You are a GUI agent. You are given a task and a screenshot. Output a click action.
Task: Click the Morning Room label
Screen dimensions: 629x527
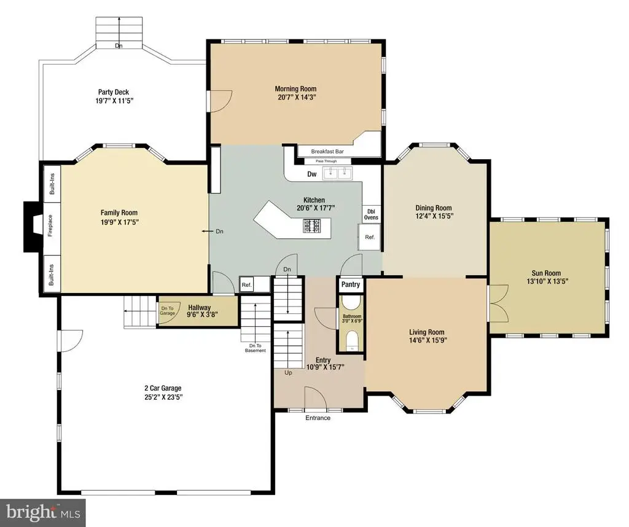point(295,88)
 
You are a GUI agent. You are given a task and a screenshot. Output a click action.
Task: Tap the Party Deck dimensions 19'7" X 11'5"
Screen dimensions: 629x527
point(114,101)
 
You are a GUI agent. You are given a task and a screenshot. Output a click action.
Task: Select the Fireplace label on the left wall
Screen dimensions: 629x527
point(50,225)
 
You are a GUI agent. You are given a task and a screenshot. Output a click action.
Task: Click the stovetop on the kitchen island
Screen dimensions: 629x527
point(311,225)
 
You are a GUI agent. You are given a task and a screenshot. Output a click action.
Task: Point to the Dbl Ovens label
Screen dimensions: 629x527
point(371,214)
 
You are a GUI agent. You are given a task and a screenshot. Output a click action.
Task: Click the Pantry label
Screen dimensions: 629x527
point(351,284)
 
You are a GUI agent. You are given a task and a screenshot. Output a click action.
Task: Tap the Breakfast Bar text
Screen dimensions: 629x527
point(327,152)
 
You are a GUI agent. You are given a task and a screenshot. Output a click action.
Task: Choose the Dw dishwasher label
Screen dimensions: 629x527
point(311,174)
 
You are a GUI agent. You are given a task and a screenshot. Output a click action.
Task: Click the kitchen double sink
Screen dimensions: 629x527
point(337,173)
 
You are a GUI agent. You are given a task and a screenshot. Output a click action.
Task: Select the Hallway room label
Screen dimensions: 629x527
point(200,308)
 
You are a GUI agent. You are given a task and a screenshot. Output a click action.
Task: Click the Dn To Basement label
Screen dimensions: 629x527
point(255,348)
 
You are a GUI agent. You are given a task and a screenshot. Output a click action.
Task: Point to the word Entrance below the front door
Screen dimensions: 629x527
point(318,418)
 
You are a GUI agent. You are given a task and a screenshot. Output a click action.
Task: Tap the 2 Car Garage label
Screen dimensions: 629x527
point(163,388)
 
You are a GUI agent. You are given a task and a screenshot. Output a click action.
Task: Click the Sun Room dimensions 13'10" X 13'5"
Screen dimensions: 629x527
point(547,281)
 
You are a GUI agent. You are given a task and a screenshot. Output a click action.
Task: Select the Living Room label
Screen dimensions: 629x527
point(427,332)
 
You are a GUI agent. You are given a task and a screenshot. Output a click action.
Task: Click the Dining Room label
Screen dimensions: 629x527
point(434,208)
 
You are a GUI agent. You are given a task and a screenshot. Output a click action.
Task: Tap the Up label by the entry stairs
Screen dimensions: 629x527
point(289,373)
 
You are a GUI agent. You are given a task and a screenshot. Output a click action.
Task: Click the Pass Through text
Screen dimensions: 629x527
point(326,161)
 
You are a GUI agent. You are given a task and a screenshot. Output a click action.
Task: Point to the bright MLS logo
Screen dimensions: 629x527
point(43,512)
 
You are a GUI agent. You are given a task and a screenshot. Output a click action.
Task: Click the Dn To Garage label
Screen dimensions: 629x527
point(167,311)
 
